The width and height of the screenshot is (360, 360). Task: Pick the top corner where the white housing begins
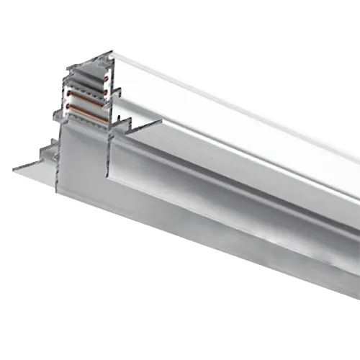(x=112, y=51)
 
